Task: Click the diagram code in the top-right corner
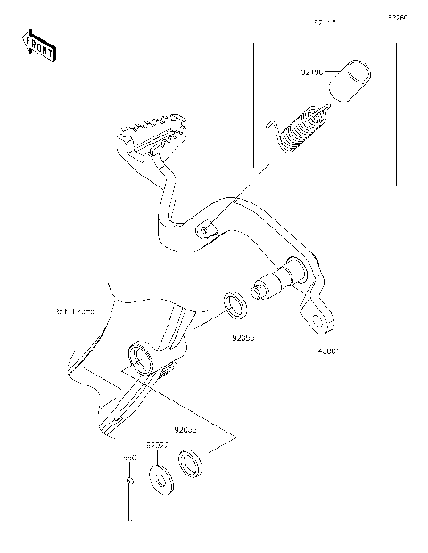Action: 397,16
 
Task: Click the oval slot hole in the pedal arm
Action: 206,230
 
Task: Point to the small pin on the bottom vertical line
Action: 130,483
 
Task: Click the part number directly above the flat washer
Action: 158,443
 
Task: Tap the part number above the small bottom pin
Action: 129,456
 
